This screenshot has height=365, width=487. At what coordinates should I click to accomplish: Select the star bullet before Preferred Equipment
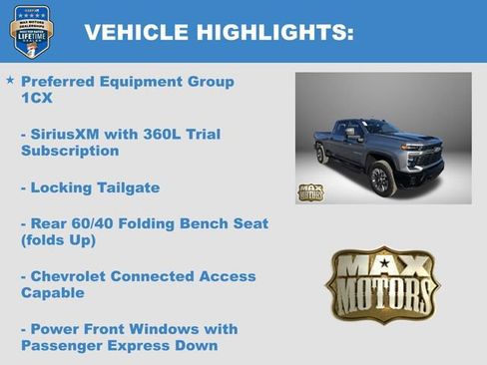point(10,80)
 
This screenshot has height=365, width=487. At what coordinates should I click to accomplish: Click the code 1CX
point(37,99)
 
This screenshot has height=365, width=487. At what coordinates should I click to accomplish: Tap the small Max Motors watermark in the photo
point(310,191)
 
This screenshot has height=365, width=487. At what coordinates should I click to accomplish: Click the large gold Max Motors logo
point(382,284)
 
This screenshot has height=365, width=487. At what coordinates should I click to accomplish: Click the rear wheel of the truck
point(321,154)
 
